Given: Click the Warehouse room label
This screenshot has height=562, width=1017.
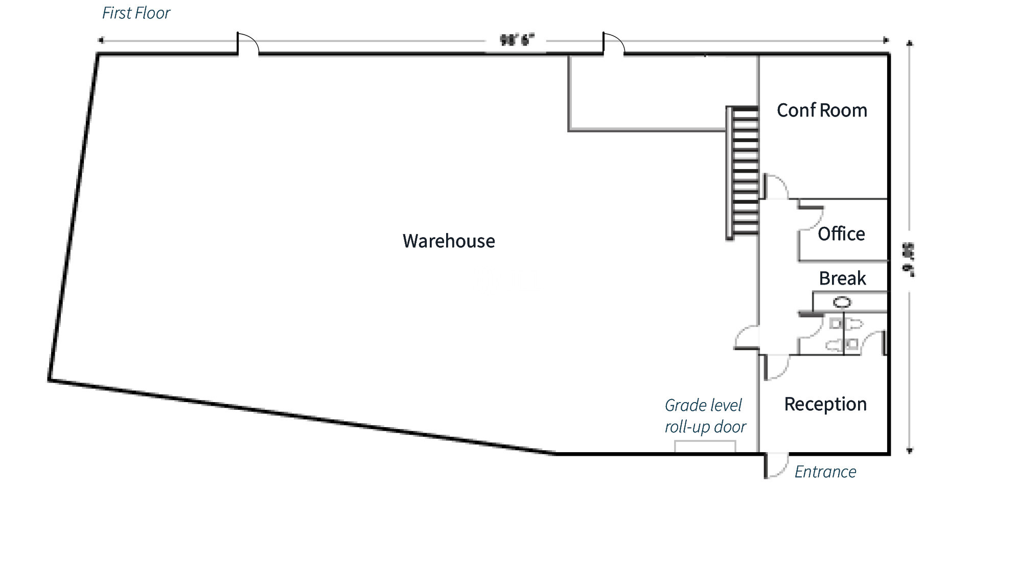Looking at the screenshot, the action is point(448,241).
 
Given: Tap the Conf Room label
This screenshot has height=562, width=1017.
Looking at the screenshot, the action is point(821,110).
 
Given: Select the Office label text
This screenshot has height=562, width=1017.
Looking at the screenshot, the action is point(841,234).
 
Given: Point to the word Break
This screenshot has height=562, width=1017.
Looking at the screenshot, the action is point(842,278).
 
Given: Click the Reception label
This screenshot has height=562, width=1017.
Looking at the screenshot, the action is point(825,404).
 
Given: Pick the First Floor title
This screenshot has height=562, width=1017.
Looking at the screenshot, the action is point(136,13).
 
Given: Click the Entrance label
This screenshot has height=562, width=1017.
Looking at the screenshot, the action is point(825,472).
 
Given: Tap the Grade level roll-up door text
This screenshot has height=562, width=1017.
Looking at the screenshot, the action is point(705,416).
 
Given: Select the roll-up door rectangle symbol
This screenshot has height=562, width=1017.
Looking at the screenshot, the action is point(705,447).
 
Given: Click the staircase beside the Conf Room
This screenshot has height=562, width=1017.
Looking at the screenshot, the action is point(743,173).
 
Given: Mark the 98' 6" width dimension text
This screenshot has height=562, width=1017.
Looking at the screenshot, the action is point(516,40).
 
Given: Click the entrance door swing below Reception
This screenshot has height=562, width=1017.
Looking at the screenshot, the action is point(775,465).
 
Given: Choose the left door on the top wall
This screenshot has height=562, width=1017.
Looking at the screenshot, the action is point(248,43).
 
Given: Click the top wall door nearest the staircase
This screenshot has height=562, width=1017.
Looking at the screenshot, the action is point(613,43).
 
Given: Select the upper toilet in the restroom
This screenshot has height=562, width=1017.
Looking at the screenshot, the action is point(849,324).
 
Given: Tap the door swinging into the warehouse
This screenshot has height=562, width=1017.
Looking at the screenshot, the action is point(746,337).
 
